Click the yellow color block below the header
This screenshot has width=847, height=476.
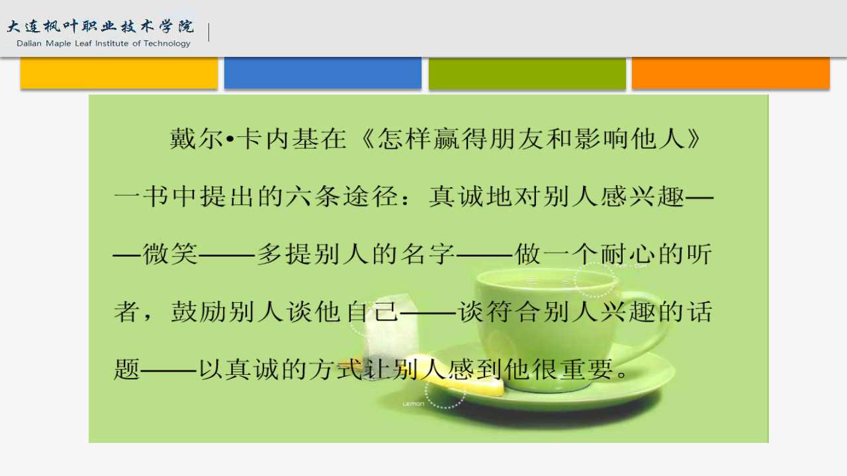point(119,73)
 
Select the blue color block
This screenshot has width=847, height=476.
point(323,73)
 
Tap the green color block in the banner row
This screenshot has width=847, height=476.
point(527,73)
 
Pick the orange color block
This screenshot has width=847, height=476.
point(731,73)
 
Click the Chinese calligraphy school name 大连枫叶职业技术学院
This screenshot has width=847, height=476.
point(101,26)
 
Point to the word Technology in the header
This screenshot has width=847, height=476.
point(167,44)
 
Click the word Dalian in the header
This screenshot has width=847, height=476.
point(29,44)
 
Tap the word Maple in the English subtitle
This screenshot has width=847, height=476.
point(59,44)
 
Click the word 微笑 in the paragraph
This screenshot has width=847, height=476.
point(170,253)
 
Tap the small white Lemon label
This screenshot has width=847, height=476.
point(414,404)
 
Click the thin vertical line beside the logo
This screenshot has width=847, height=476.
point(208,32)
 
